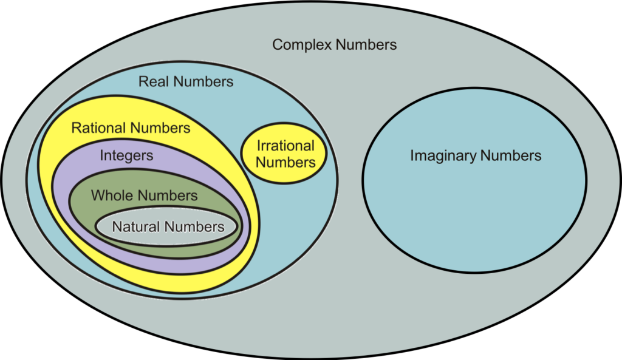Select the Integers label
pyautogui.click(x=126, y=155)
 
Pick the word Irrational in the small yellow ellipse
pyautogui.click(x=285, y=146)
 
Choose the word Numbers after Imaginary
pyautogui.click(x=511, y=155)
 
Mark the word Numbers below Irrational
pyautogui.click(x=285, y=162)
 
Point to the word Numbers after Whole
pyautogui.click(x=168, y=195)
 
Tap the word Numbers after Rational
pyautogui.click(x=160, y=128)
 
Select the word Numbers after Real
pyautogui.click(x=200, y=81)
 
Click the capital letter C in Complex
pyautogui.click(x=278, y=45)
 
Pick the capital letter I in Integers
pyautogui.click(x=101, y=155)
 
